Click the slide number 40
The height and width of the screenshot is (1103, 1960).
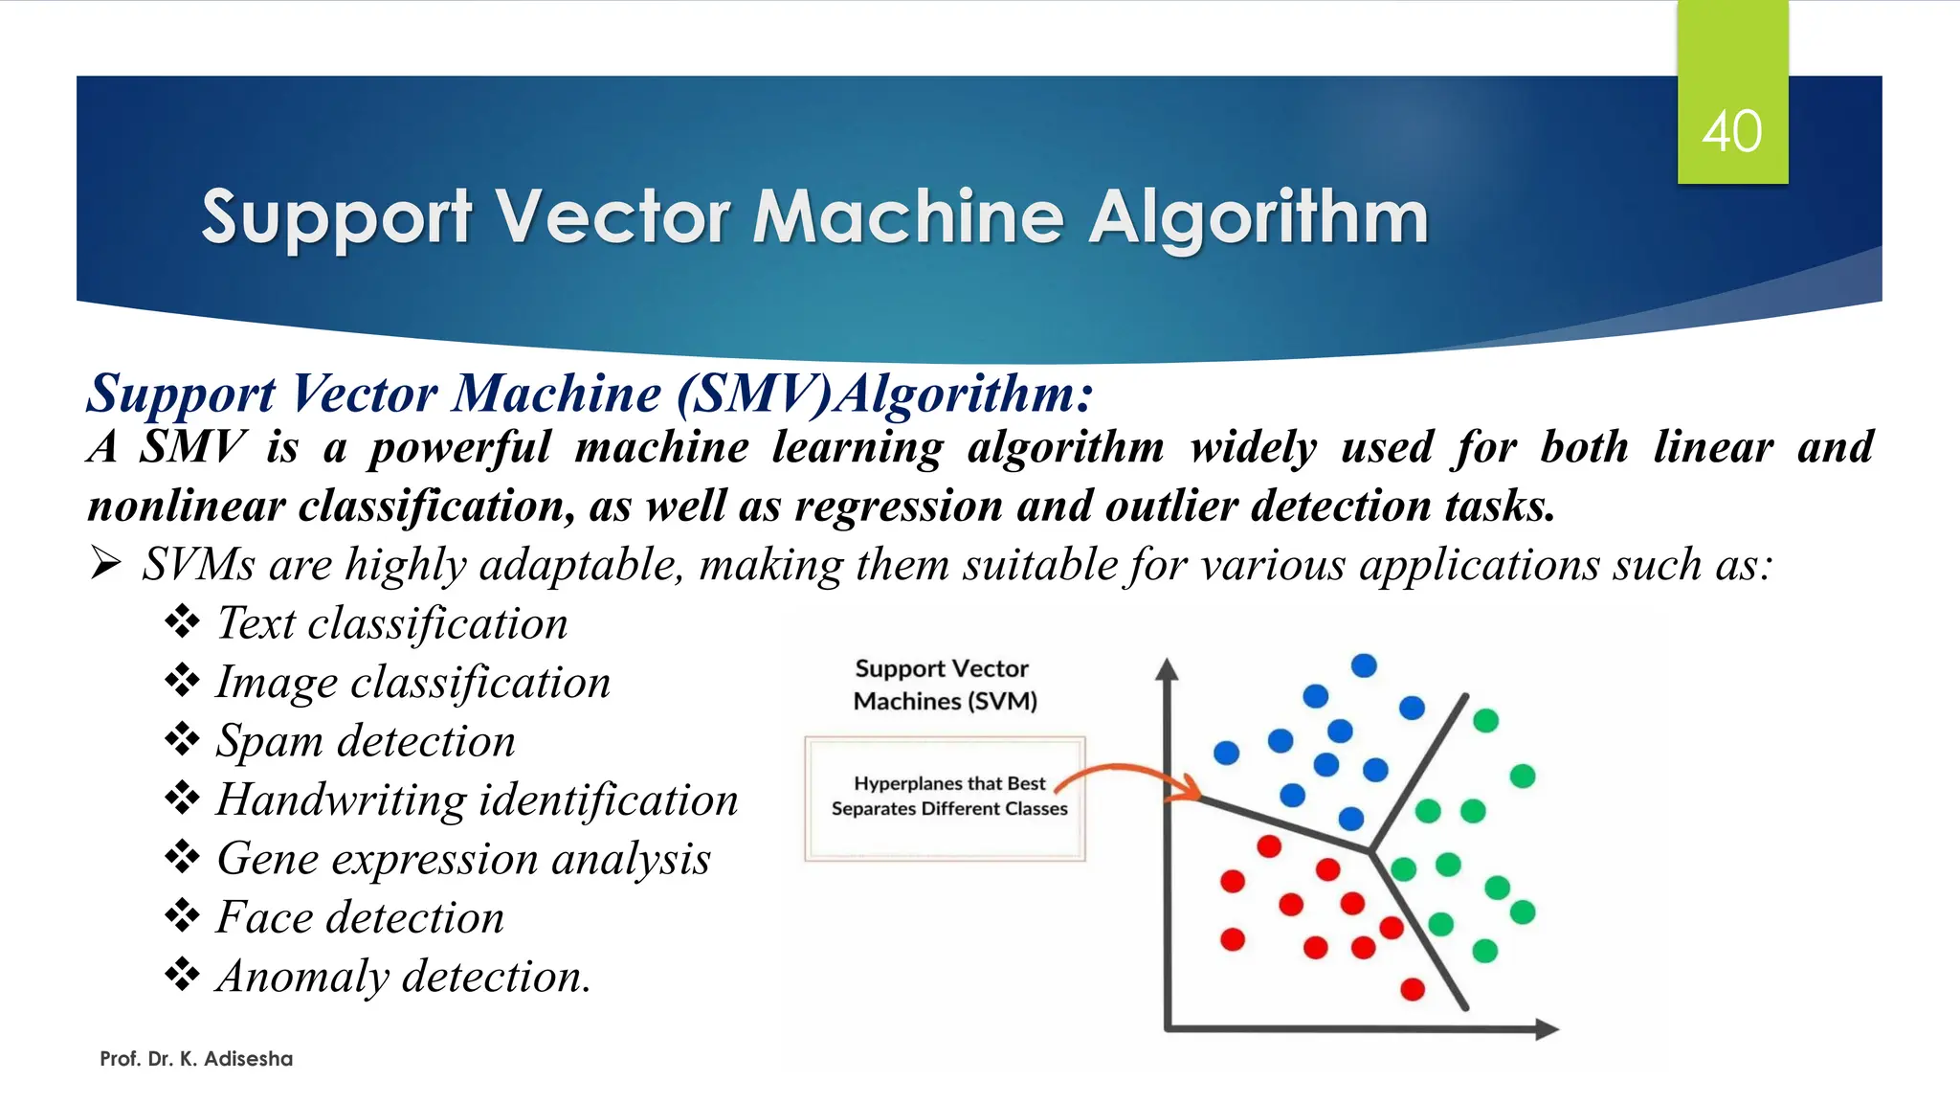click(1731, 131)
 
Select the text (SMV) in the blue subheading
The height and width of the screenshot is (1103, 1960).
click(753, 394)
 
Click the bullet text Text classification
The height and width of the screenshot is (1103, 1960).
click(391, 623)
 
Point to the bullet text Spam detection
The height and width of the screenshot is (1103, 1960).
click(366, 741)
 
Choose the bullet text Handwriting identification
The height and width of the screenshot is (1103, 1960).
click(477, 799)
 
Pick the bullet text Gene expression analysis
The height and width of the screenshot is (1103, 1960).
click(463, 859)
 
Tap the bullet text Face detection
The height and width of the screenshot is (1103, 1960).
click(360, 917)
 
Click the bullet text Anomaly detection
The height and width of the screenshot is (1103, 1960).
click(403, 977)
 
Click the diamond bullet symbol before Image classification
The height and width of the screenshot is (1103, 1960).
click(182, 681)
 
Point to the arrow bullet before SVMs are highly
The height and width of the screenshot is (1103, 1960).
click(105, 564)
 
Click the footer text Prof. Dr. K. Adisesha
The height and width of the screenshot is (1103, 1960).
click(196, 1059)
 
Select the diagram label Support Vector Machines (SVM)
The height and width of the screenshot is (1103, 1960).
click(945, 685)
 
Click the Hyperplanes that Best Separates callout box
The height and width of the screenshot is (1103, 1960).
click(945, 798)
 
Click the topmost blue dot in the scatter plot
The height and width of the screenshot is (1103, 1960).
click(1364, 665)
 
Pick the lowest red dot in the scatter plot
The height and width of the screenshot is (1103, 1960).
click(1413, 989)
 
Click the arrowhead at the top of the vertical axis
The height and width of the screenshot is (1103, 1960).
click(1166, 667)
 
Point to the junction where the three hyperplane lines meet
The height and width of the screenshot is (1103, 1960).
click(1371, 849)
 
